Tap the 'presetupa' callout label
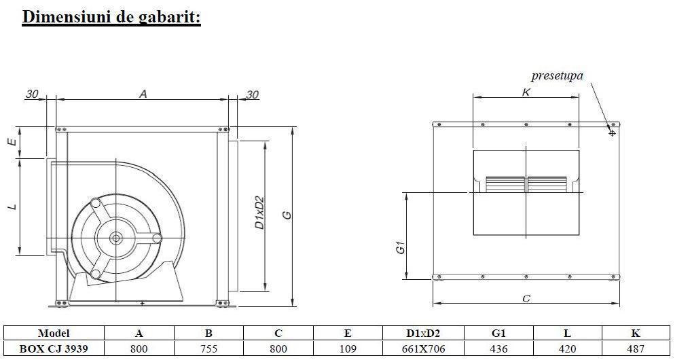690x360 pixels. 557,76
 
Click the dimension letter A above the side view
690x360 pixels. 143,94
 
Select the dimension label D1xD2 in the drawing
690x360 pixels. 259,213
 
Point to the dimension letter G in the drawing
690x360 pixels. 287,215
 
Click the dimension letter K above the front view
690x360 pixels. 526,92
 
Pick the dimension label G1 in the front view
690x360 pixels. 401,249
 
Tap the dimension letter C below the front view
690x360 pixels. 526,298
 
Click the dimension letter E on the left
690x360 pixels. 12,142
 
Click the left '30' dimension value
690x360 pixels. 32,94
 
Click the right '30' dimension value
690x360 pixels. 252,95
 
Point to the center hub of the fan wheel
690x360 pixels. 115,238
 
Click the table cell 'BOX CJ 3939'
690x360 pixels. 54,348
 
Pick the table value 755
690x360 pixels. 209,349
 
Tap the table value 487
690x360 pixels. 636,349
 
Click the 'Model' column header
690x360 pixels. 54,334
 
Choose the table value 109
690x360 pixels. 348,349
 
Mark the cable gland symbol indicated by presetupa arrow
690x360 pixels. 612,132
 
